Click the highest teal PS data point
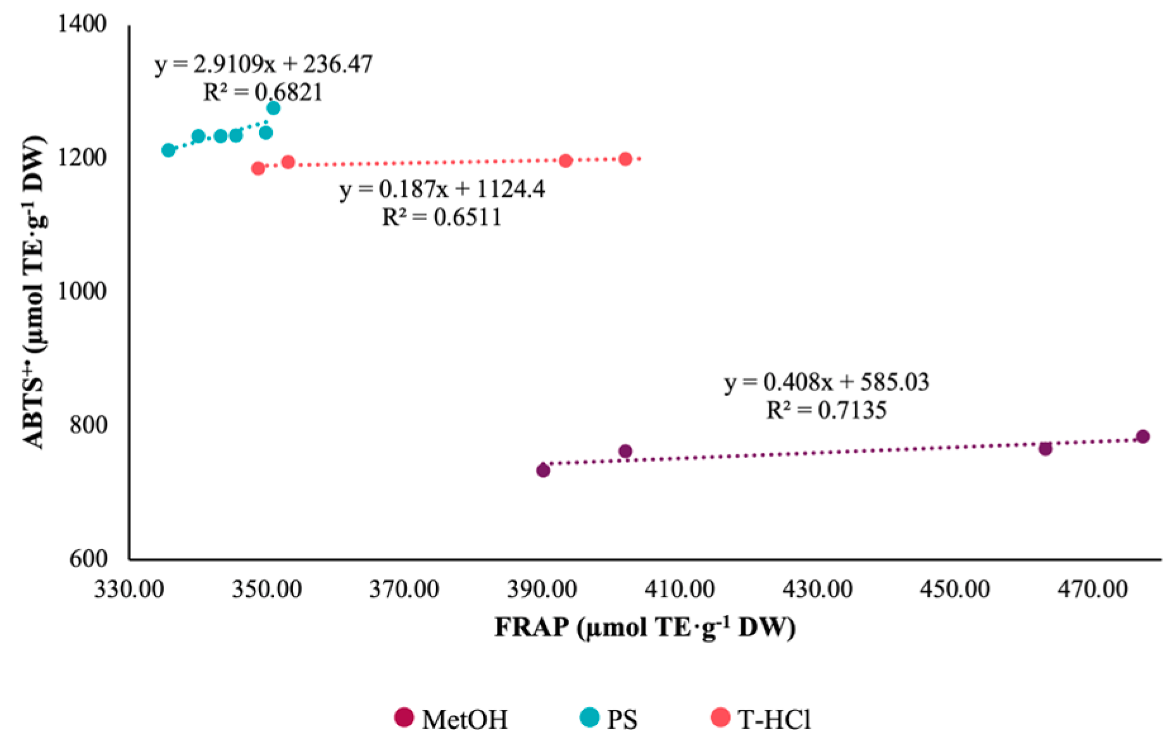coord(273,108)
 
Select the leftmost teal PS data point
coord(168,150)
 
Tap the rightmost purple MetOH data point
coord(1142,437)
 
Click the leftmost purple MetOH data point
coord(543,470)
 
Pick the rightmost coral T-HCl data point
coord(625,159)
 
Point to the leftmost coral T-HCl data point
coord(258,168)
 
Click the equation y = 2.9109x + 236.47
coord(264,64)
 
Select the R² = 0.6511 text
coord(441,218)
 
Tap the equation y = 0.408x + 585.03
coord(827,382)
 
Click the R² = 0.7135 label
coord(827,411)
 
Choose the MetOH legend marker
coord(404,717)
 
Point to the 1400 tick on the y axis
coord(82,24)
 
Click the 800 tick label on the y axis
coord(88,425)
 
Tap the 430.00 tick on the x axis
coord(817,590)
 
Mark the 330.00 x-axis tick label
coord(129,590)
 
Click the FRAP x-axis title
coord(644,628)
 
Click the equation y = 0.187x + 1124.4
coord(442,189)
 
